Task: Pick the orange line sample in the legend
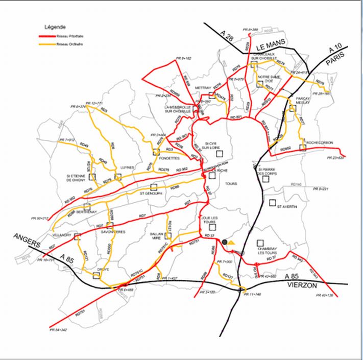[x=49, y=44]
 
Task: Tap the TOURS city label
[x=231, y=183]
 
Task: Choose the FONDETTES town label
[x=158, y=158]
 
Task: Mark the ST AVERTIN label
[x=286, y=207]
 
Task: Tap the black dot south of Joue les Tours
[x=224, y=241]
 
